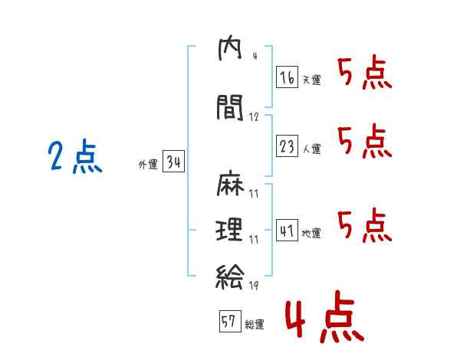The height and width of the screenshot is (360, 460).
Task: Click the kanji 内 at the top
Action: tap(230, 51)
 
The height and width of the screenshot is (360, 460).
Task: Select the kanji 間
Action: tap(230, 109)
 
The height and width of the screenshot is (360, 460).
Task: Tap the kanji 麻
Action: tap(230, 187)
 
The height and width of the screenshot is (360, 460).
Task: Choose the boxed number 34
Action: tap(173, 162)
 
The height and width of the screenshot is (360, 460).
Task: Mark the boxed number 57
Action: tap(228, 322)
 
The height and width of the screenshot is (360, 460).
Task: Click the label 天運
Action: tap(311, 80)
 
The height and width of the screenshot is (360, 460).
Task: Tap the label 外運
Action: tap(148, 165)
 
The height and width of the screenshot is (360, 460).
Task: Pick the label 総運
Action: tap(254, 325)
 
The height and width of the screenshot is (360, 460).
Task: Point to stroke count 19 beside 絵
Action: tap(253, 286)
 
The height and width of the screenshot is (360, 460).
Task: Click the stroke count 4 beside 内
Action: tap(254, 56)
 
